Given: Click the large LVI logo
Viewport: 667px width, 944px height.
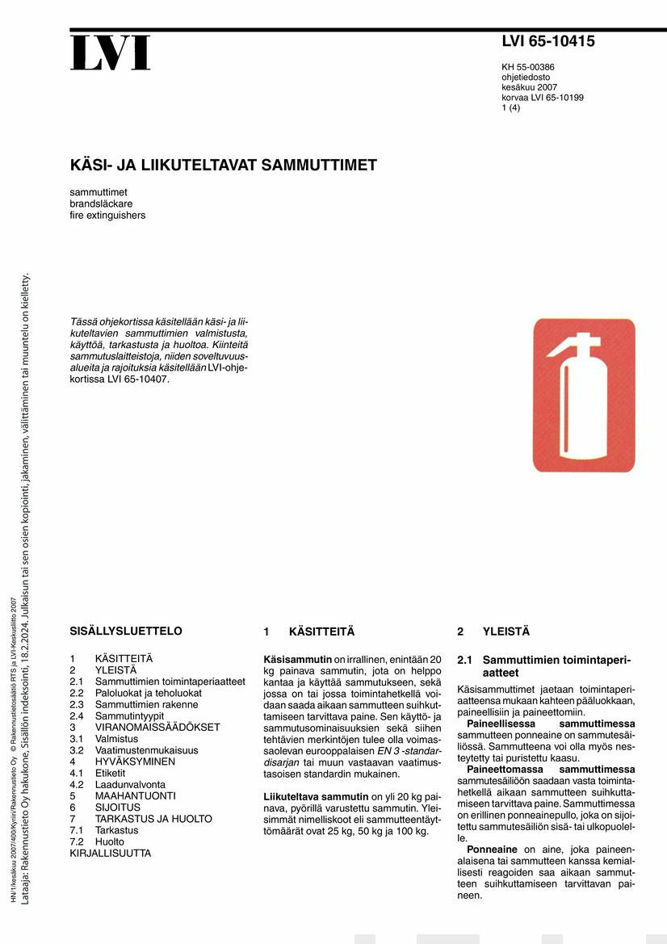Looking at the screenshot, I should [x=110, y=53].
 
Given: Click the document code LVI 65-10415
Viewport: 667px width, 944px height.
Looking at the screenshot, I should [x=547, y=42].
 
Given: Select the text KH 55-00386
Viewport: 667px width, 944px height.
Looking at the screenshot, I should [x=527, y=67].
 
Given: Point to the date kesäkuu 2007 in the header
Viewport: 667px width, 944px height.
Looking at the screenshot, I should [x=529, y=87].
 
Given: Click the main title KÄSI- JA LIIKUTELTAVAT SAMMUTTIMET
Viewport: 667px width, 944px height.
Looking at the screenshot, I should [x=224, y=166].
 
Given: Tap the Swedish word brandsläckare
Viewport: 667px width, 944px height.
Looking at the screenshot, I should [x=101, y=204].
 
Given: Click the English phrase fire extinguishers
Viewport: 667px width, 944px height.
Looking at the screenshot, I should [x=107, y=216].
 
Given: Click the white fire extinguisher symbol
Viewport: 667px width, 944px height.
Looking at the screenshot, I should [x=583, y=395].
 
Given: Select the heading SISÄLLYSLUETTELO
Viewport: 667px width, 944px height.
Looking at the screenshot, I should [x=126, y=631].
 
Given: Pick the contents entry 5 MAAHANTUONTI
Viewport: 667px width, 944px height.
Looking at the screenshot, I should [x=123, y=795].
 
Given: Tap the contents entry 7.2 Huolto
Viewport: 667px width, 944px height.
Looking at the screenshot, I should [x=98, y=841].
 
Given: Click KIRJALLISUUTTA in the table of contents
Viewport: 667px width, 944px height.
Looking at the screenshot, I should [x=110, y=853].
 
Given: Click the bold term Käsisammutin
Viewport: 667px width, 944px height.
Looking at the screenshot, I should [x=298, y=659].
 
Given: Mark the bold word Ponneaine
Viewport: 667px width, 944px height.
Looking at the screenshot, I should [x=492, y=850].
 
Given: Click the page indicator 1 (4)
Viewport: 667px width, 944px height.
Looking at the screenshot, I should [x=510, y=107].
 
